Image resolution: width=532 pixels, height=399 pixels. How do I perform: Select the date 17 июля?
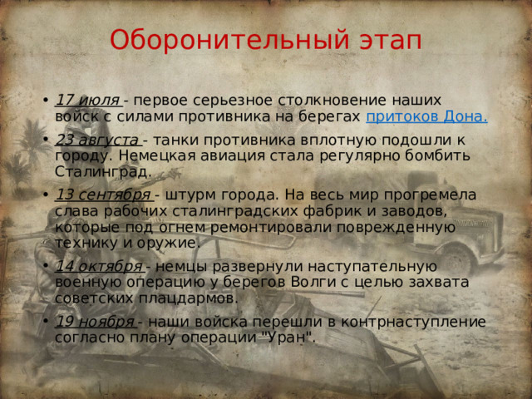pyautogui.click(x=86, y=101)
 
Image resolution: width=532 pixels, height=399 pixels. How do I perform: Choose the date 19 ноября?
pyautogui.click(x=94, y=322)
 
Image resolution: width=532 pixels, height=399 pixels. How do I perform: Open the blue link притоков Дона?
pyautogui.click(x=426, y=116)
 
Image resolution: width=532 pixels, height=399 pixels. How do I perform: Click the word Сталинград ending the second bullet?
pyautogui.click(x=104, y=171)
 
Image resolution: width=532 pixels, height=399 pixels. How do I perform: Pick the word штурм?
pyautogui.click(x=185, y=195)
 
